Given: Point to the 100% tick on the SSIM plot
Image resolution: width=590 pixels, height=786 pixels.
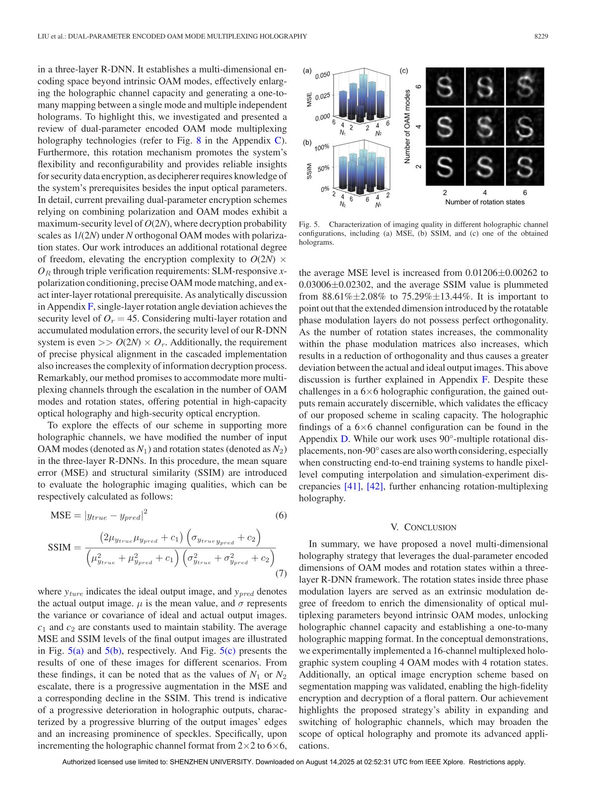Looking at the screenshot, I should [322, 147].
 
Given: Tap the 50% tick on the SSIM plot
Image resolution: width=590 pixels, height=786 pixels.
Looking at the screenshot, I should [323, 168].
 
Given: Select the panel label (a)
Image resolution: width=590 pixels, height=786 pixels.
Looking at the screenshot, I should [307, 71].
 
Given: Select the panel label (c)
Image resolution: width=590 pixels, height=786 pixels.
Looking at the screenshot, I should [404, 71].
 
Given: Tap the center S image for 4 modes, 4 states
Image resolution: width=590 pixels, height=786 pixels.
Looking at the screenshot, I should [485, 127].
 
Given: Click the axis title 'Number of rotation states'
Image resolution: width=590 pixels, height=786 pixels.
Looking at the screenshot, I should [485, 202].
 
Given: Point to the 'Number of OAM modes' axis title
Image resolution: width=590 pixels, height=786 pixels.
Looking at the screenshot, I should [408, 127].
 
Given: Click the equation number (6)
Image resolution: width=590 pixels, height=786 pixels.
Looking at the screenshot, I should [281, 515].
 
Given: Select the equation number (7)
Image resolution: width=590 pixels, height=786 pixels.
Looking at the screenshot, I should [281, 574].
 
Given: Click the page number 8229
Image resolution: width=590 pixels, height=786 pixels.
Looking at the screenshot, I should [541, 36].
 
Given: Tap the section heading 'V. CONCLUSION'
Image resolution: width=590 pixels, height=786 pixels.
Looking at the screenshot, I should [423, 527].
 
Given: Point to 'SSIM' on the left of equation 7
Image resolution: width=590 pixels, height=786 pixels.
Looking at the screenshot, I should [59, 547].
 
